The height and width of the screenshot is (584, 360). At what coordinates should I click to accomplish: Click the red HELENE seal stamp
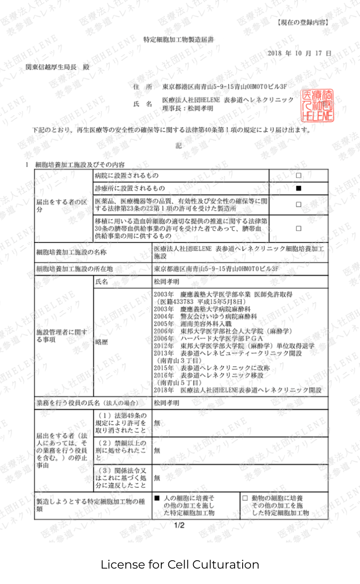tap(317, 105)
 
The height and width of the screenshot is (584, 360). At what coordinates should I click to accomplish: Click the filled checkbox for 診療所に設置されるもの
tap(298, 188)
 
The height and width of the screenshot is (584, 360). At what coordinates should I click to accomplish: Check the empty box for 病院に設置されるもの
tap(298, 176)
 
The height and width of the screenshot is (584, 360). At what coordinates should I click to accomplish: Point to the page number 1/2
tap(180, 526)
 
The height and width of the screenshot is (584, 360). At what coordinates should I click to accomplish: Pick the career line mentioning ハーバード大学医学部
tap(216, 338)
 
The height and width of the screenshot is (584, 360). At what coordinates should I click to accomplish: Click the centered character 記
tap(179, 146)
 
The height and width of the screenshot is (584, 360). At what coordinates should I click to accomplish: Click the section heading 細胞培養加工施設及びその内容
tap(79, 164)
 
